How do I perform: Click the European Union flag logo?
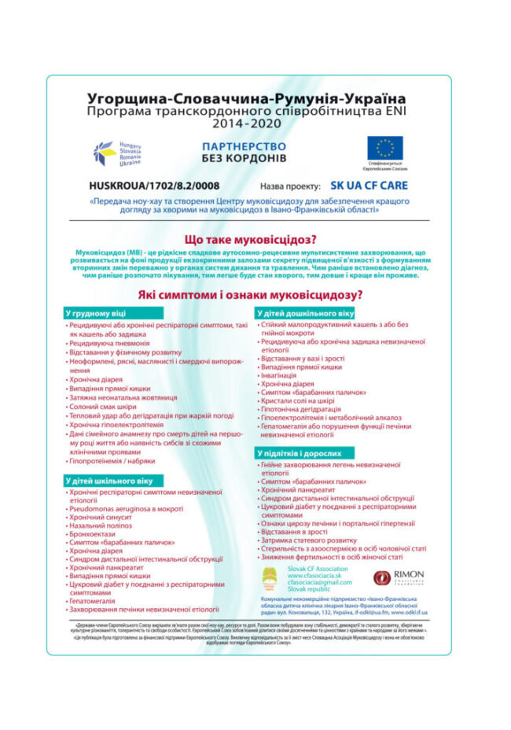[x=384, y=148]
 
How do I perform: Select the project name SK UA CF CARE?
[x=369, y=186]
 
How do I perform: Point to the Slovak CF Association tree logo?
[x=270, y=581]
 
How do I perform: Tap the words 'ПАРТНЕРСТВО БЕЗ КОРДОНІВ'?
[x=244, y=153]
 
